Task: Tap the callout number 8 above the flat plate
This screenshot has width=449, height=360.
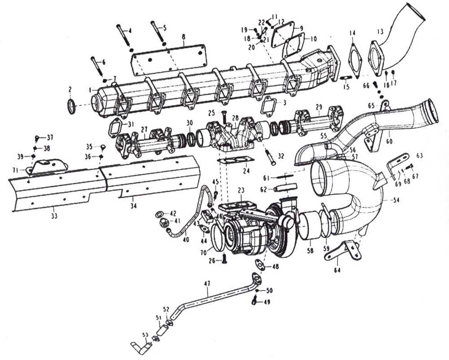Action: (183, 37)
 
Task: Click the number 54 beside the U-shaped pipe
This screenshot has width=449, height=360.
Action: (396, 200)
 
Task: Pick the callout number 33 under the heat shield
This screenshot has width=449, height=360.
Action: (54, 216)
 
